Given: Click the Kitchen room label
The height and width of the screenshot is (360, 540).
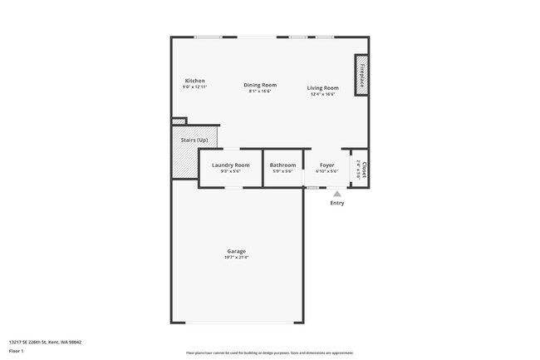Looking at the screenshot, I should tap(194, 81).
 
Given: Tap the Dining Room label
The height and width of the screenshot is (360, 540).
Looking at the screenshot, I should tap(260, 85).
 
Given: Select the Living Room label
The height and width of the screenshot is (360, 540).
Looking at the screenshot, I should tap(322, 87).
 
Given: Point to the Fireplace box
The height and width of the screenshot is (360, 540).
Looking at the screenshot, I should tap(361, 75).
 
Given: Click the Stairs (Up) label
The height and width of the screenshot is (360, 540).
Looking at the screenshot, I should tap(194, 140).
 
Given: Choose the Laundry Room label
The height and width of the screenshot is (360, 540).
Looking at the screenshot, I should tap(230, 165).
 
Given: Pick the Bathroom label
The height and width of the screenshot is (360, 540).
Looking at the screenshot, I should tap(282, 165).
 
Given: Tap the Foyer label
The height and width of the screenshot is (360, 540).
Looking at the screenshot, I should tap(327, 165).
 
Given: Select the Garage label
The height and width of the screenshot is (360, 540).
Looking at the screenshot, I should tap(237, 251).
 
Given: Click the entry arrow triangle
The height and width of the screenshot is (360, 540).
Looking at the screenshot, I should tap(336, 194).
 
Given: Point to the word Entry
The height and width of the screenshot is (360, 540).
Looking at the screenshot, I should tap(336, 203).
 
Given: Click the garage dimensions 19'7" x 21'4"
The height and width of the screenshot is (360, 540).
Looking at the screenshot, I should tap(237, 258).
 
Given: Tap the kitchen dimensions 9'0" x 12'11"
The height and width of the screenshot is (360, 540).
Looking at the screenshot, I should tap(194, 86).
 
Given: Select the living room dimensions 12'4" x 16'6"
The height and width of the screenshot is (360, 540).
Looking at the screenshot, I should tap(322, 94).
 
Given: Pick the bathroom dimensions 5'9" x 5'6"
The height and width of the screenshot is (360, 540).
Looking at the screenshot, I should tap(282, 171).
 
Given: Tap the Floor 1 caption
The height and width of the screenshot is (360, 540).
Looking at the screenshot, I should tap(17, 352).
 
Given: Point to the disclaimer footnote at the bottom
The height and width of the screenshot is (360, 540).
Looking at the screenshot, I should tap(269, 353).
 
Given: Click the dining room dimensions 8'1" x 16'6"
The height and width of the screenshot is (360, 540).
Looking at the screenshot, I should tap(260, 91).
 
